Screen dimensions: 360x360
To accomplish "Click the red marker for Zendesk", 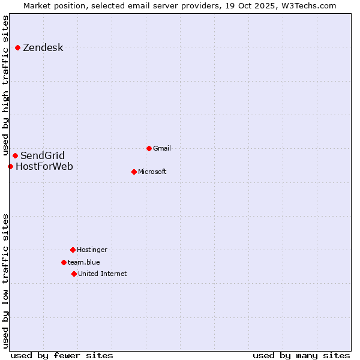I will [x=18, y=47].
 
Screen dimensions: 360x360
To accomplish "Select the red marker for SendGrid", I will [x=16, y=156].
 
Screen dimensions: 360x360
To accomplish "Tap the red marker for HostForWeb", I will [x=11, y=166].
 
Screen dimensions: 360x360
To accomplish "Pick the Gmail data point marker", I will [x=149, y=148].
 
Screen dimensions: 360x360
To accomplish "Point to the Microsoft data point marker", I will [x=134, y=172].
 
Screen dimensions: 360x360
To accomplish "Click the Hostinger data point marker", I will [x=73, y=250].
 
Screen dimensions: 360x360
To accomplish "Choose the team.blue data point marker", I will [x=64, y=262].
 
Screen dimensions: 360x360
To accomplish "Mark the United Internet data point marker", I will [x=74, y=274].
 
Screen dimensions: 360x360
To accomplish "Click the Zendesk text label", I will [x=43, y=48].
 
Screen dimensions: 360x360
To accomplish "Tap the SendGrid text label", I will [x=43, y=156].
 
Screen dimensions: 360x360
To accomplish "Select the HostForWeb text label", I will [x=44, y=166].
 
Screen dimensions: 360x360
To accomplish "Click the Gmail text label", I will [x=162, y=148].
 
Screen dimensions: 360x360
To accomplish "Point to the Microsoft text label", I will [x=152, y=172].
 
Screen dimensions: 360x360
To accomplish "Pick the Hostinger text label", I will [x=92, y=250].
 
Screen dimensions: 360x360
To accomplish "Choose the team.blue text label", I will [x=84, y=262].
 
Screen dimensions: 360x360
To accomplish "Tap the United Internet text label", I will [x=103, y=274].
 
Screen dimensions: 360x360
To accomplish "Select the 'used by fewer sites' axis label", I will [x=62, y=355].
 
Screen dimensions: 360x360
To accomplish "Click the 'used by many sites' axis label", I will [x=301, y=355].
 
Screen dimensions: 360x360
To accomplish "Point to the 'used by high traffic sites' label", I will [x=5, y=86].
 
